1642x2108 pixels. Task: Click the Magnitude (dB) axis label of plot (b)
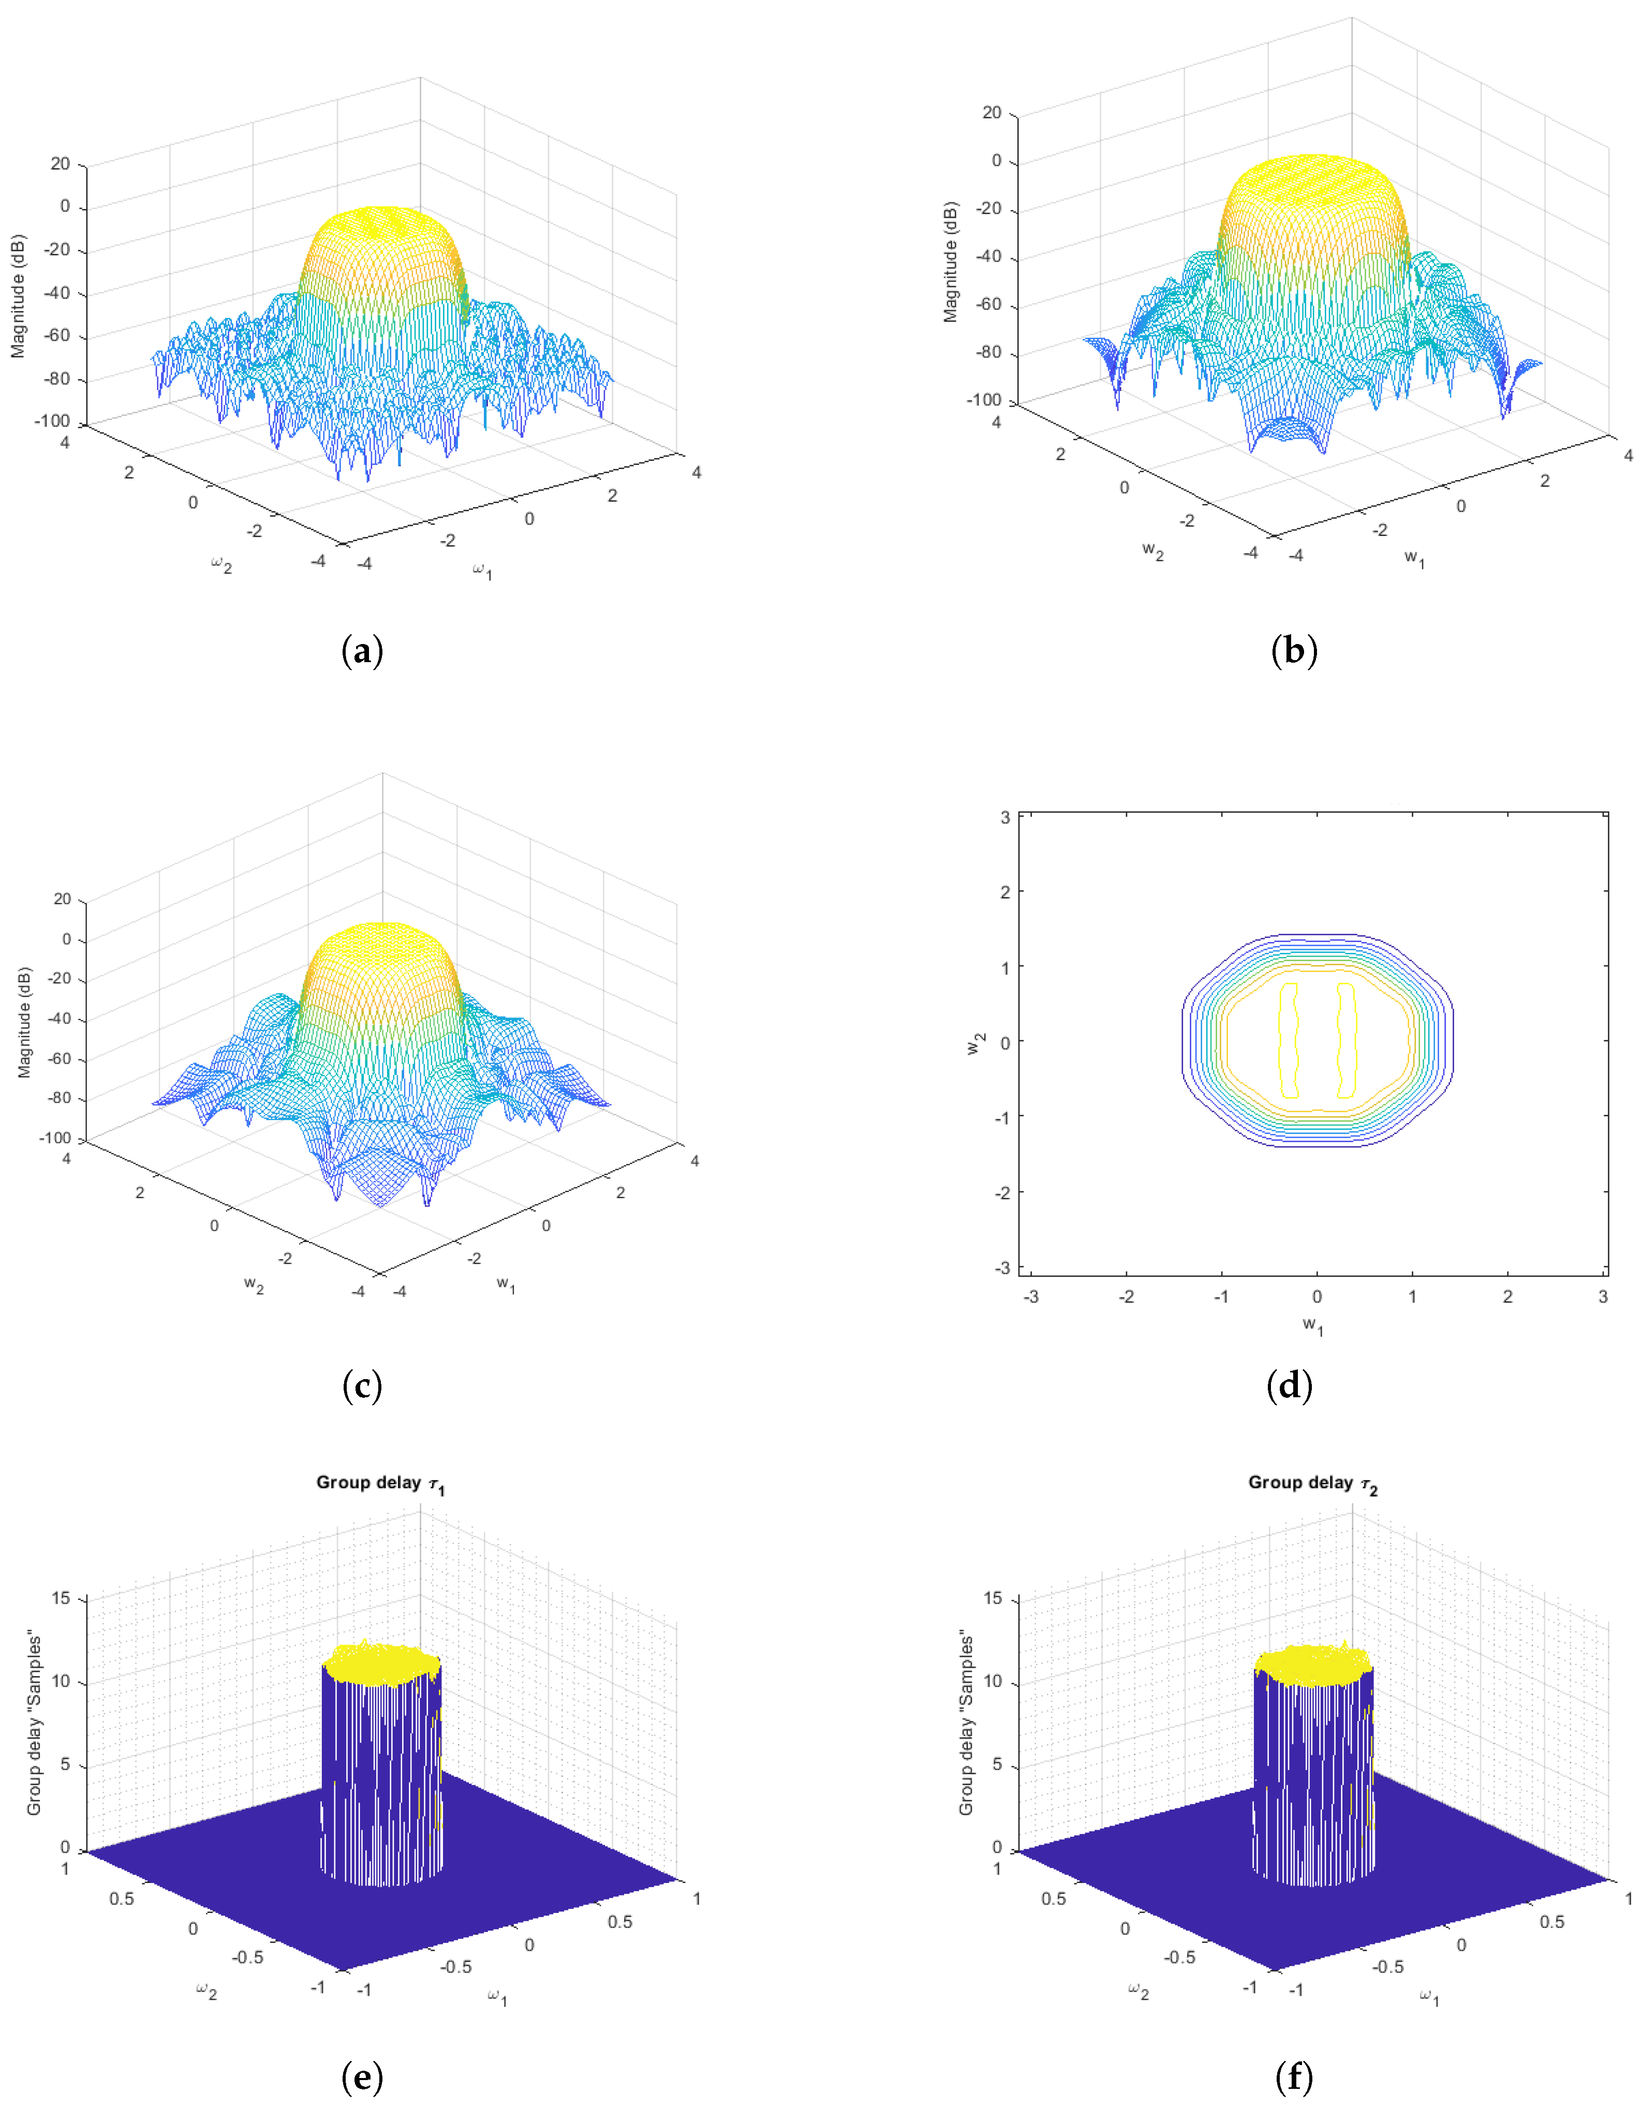(x=951, y=262)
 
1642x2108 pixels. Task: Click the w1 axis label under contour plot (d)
(x=1313, y=1326)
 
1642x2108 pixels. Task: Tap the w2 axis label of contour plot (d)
(x=976, y=1043)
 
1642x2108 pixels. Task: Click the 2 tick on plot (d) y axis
(x=1005, y=892)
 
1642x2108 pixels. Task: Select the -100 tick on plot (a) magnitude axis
(x=53, y=421)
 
